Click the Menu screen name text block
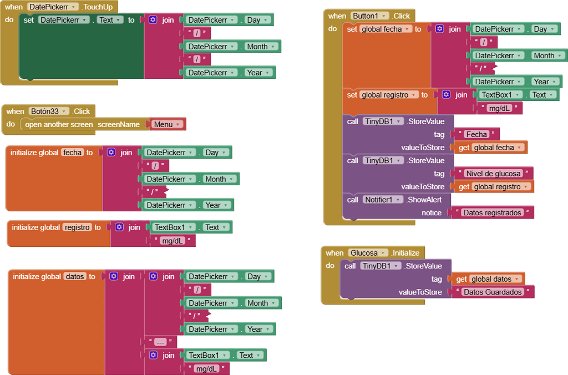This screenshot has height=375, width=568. coord(166,124)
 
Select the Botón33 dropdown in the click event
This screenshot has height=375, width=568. coord(49,111)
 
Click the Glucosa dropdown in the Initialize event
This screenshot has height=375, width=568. coord(368,253)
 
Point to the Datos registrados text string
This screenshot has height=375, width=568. coord(492,212)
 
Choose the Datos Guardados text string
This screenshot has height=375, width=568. coord(493,292)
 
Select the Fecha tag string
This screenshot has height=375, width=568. coord(476,134)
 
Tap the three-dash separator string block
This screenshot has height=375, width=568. coord(160,342)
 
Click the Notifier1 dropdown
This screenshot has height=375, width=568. coord(383,200)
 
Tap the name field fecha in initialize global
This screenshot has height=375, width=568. coord(72,153)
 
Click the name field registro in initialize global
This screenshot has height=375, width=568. coord(77,227)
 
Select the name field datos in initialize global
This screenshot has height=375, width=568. coord(75,276)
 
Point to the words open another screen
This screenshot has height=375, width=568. coord(59,124)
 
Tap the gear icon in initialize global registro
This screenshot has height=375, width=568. coord(119,227)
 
